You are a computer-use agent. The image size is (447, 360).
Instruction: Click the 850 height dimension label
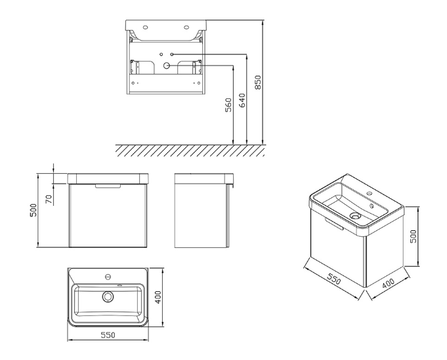pyautogui.click(x=258, y=83)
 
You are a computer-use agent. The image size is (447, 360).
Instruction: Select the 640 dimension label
pyautogui.click(x=242, y=100)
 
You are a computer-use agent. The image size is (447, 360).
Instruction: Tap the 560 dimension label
pyautogui.click(x=228, y=105)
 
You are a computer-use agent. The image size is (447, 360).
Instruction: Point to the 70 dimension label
pyautogui.click(x=49, y=199)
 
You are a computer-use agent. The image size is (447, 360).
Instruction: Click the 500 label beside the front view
pyautogui.click(x=33, y=210)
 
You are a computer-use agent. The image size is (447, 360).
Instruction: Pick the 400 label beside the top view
pyautogui.click(x=158, y=297)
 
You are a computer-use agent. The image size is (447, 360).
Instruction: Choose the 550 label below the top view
pyautogui.click(x=108, y=335)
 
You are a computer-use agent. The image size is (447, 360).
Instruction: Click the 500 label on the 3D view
pyautogui.click(x=413, y=236)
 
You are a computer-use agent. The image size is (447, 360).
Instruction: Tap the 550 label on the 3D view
pyautogui.click(x=333, y=279)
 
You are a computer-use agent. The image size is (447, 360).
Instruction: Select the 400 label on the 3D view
pyautogui.click(x=388, y=283)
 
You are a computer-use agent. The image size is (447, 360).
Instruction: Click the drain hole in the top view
pyautogui.click(x=108, y=296)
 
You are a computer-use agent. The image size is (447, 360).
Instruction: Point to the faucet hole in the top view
pyautogui.click(x=108, y=276)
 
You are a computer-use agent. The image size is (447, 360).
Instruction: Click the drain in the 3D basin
pyautogui.click(x=355, y=216)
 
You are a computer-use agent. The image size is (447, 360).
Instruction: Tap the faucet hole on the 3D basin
pyautogui.click(x=370, y=193)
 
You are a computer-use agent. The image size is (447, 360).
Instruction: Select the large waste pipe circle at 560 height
pyautogui.click(x=166, y=66)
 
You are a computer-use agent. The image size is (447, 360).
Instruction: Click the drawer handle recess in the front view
pyautogui.click(x=108, y=186)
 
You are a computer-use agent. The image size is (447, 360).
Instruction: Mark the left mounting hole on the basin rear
pyautogui.click(x=146, y=28)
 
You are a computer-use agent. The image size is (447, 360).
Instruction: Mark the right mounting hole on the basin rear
pyautogui.click(x=186, y=28)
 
